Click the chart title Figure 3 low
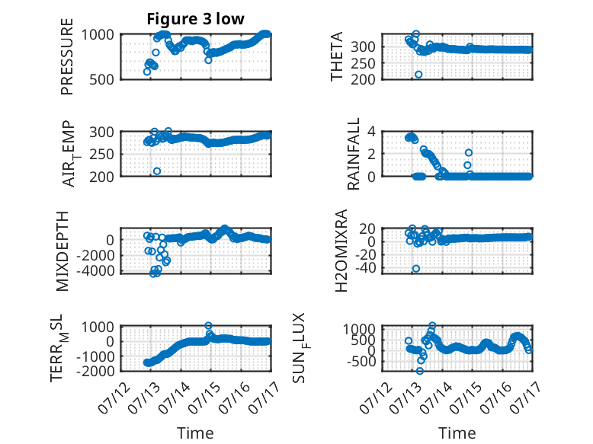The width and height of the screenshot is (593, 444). tap(196, 19)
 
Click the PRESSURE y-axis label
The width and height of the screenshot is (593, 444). tap(67, 56)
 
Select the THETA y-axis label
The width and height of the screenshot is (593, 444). tap(336, 56)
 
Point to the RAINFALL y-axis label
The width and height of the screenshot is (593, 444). tap(353, 154)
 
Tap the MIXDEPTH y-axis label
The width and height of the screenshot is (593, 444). tap(63, 251)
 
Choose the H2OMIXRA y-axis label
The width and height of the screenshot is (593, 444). tap(341, 251)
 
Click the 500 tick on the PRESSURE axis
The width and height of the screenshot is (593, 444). tap(101, 80)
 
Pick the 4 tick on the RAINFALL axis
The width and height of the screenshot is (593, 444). tap(371, 132)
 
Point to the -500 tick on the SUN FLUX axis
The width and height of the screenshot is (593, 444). tap(360, 362)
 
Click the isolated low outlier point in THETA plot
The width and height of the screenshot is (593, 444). tap(418, 75)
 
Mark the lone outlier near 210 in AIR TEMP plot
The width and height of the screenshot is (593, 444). tap(157, 171)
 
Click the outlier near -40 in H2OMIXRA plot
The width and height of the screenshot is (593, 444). tap(416, 269)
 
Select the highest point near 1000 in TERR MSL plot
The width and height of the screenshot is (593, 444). tap(208, 325)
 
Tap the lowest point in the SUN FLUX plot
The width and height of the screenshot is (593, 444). tap(419, 371)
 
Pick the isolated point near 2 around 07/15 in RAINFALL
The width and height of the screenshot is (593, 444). tap(469, 152)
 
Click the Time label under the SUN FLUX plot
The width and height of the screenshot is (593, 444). tap(457, 433)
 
